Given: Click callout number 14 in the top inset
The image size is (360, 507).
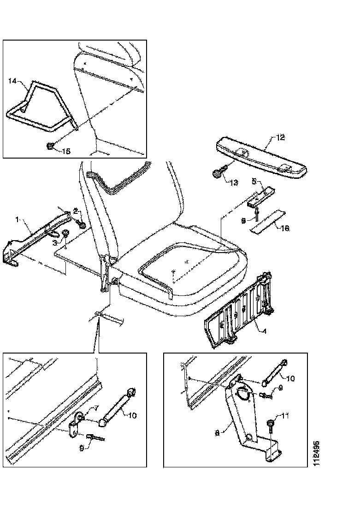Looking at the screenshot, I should (12, 81).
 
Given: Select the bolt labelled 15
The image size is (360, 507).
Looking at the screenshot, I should (51, 147).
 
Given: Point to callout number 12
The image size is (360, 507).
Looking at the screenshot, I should (281, 137).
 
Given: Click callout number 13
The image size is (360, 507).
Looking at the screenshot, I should (234, 183).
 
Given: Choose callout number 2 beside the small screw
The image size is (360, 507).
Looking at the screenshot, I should (75, 212).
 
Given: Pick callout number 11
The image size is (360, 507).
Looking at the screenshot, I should (285, 416).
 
